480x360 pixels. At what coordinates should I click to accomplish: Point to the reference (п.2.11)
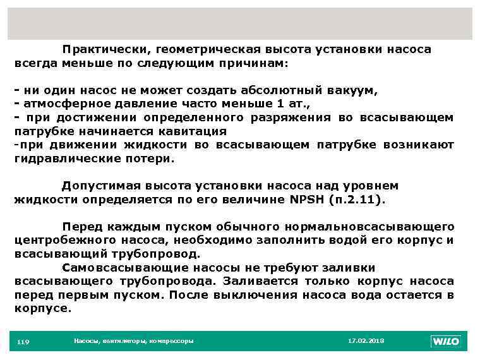[x=361, y=200]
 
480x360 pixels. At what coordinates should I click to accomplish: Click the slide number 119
[x=23, y=342]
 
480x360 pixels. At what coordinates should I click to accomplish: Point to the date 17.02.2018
[x=366, y=341]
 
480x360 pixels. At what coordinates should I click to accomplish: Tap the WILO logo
[x=446, y=342]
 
